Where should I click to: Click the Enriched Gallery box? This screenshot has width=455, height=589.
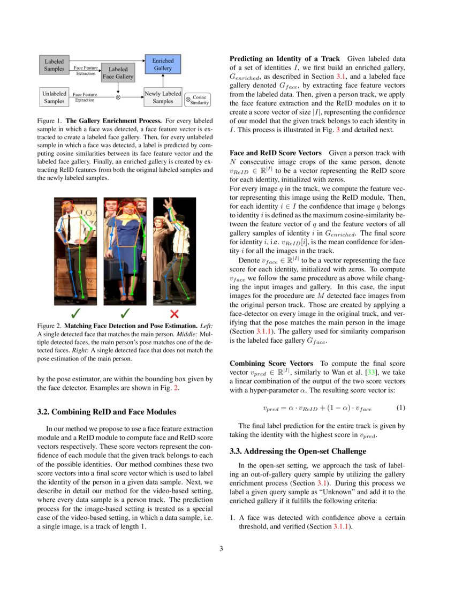(163, 65)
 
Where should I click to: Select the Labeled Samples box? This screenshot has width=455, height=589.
(54, 65)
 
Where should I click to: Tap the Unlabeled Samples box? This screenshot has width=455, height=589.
(54, 97)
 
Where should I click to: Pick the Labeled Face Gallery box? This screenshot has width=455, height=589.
(118, 73)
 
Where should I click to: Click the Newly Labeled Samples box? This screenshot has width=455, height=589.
(163, 97)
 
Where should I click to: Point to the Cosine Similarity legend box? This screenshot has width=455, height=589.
(197, 100)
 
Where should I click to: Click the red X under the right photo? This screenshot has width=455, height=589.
(173, 313)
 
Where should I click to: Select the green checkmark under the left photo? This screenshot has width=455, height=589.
(76, 313)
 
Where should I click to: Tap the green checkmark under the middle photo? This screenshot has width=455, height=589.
(124, 313)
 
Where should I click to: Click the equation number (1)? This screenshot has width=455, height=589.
(400, 408)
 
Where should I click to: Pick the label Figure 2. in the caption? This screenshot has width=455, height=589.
(49, 326)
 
